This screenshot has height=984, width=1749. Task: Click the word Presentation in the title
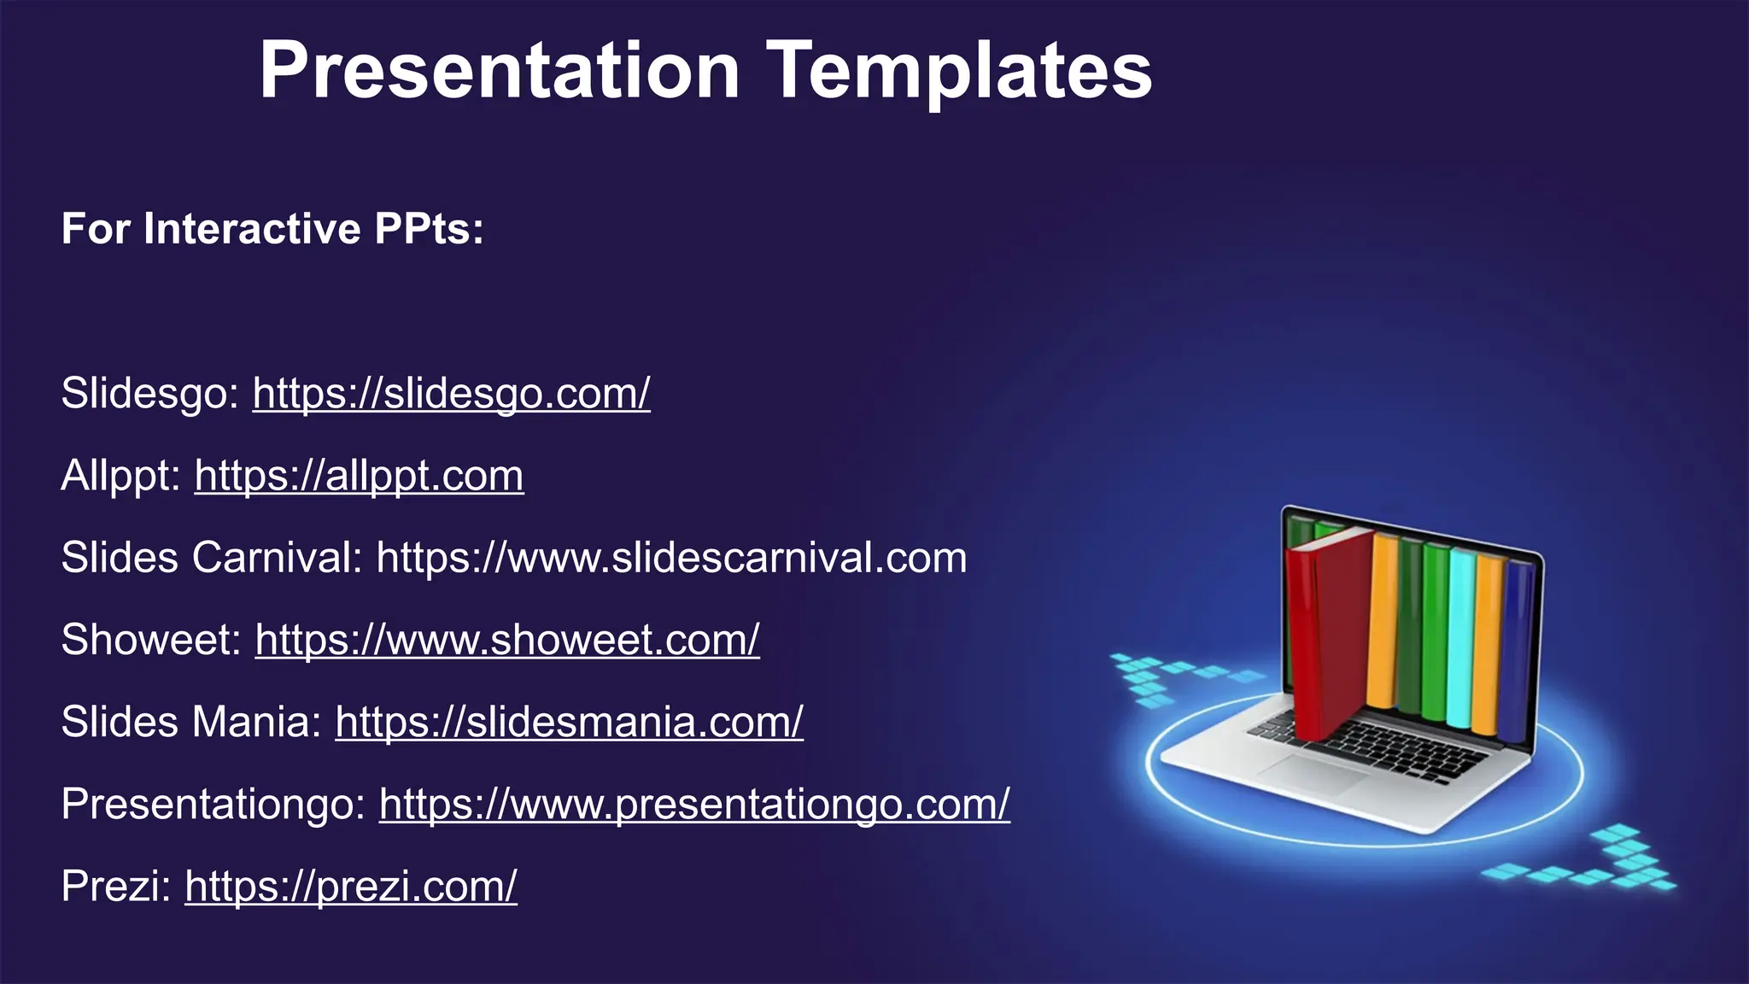[500, 70]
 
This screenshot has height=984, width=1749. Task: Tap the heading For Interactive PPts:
[272, 229]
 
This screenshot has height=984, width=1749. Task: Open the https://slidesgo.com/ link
[451, 394]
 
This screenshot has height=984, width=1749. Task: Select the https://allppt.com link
[359, 476]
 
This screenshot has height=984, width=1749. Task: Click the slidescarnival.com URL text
[671, 558]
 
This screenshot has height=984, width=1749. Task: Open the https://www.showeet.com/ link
[507, 640]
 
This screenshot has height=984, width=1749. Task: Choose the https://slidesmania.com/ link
[569, 722]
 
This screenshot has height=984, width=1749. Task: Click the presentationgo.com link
[694, 804]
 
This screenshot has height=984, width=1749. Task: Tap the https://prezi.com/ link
[351, 886]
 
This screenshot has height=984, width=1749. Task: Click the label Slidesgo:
[150, 394]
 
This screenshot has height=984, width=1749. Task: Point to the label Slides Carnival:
[212, 558]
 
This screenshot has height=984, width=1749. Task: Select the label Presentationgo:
[214, 804]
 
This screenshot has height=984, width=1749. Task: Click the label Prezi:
[116, 886]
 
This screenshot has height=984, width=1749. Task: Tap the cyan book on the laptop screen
[1460, 636]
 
